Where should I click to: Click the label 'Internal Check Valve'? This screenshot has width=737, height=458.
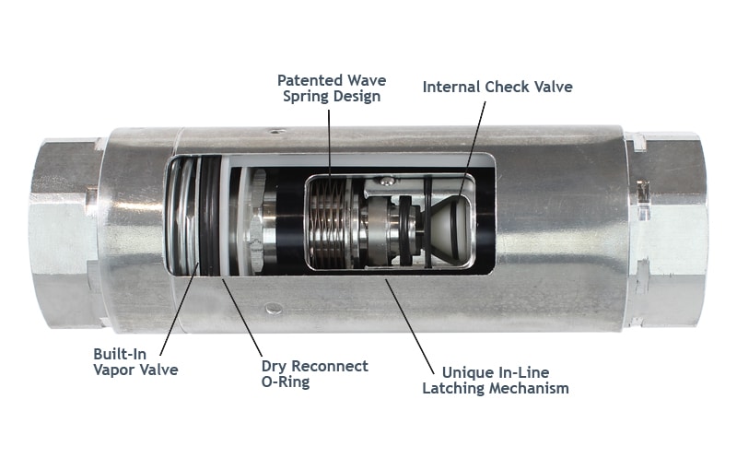click(x=497, y=87)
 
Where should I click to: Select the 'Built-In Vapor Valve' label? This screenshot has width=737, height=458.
click(x=134, y=361)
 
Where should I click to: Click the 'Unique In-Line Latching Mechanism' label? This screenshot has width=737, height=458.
click(x=495, y=380)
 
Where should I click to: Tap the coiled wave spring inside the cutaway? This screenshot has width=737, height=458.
click(x=329, y=221)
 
